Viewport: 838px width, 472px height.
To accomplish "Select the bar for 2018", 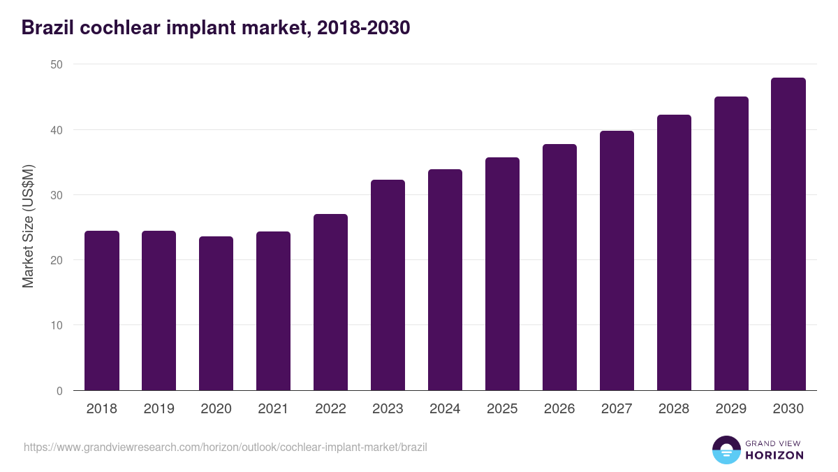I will [102, 310].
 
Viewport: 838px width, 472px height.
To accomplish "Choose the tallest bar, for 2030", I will [788, 234].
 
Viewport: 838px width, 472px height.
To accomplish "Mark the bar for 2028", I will [674, 252].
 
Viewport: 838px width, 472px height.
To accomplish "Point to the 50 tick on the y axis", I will [56, 64].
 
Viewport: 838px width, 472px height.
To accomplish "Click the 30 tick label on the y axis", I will [56, 195].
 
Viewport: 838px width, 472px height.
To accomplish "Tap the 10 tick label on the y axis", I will [56, 326].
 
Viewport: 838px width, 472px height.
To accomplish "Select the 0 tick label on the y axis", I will [59, 391].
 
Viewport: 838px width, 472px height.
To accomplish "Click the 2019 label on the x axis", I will [159, 409].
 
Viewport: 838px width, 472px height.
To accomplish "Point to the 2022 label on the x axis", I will [330, 409].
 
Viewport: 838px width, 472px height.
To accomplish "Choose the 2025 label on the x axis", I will [502, 409].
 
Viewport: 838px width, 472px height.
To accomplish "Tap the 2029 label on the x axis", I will [731, 409].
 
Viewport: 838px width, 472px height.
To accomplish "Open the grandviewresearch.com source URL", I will [225, 447].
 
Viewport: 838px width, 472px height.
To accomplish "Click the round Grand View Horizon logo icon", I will [726, 450].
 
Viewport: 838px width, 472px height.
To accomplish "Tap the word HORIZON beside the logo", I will [774, 455].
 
